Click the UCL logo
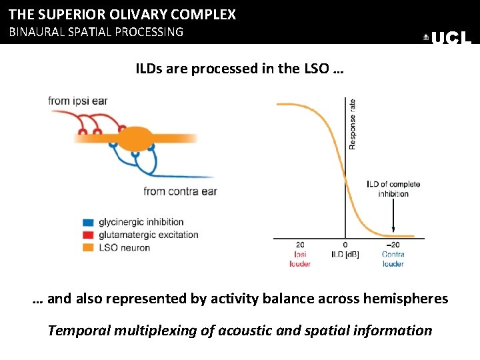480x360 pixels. click(448, 38)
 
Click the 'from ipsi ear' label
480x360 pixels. click(77, 101)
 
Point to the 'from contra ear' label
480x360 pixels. click(180, 191)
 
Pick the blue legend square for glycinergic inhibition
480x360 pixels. click(88, 222)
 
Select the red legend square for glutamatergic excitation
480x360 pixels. click(88, 235)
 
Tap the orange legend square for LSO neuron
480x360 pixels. click(88, 247)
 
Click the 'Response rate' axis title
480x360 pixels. click(352, 124)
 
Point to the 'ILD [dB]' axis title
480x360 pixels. click(345, 254)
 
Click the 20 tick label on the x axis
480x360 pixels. click(300, 245)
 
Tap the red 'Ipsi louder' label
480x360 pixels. click(300, 259)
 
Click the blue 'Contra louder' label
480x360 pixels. click(393, 259)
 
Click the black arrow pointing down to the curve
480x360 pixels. click(393, 217)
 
